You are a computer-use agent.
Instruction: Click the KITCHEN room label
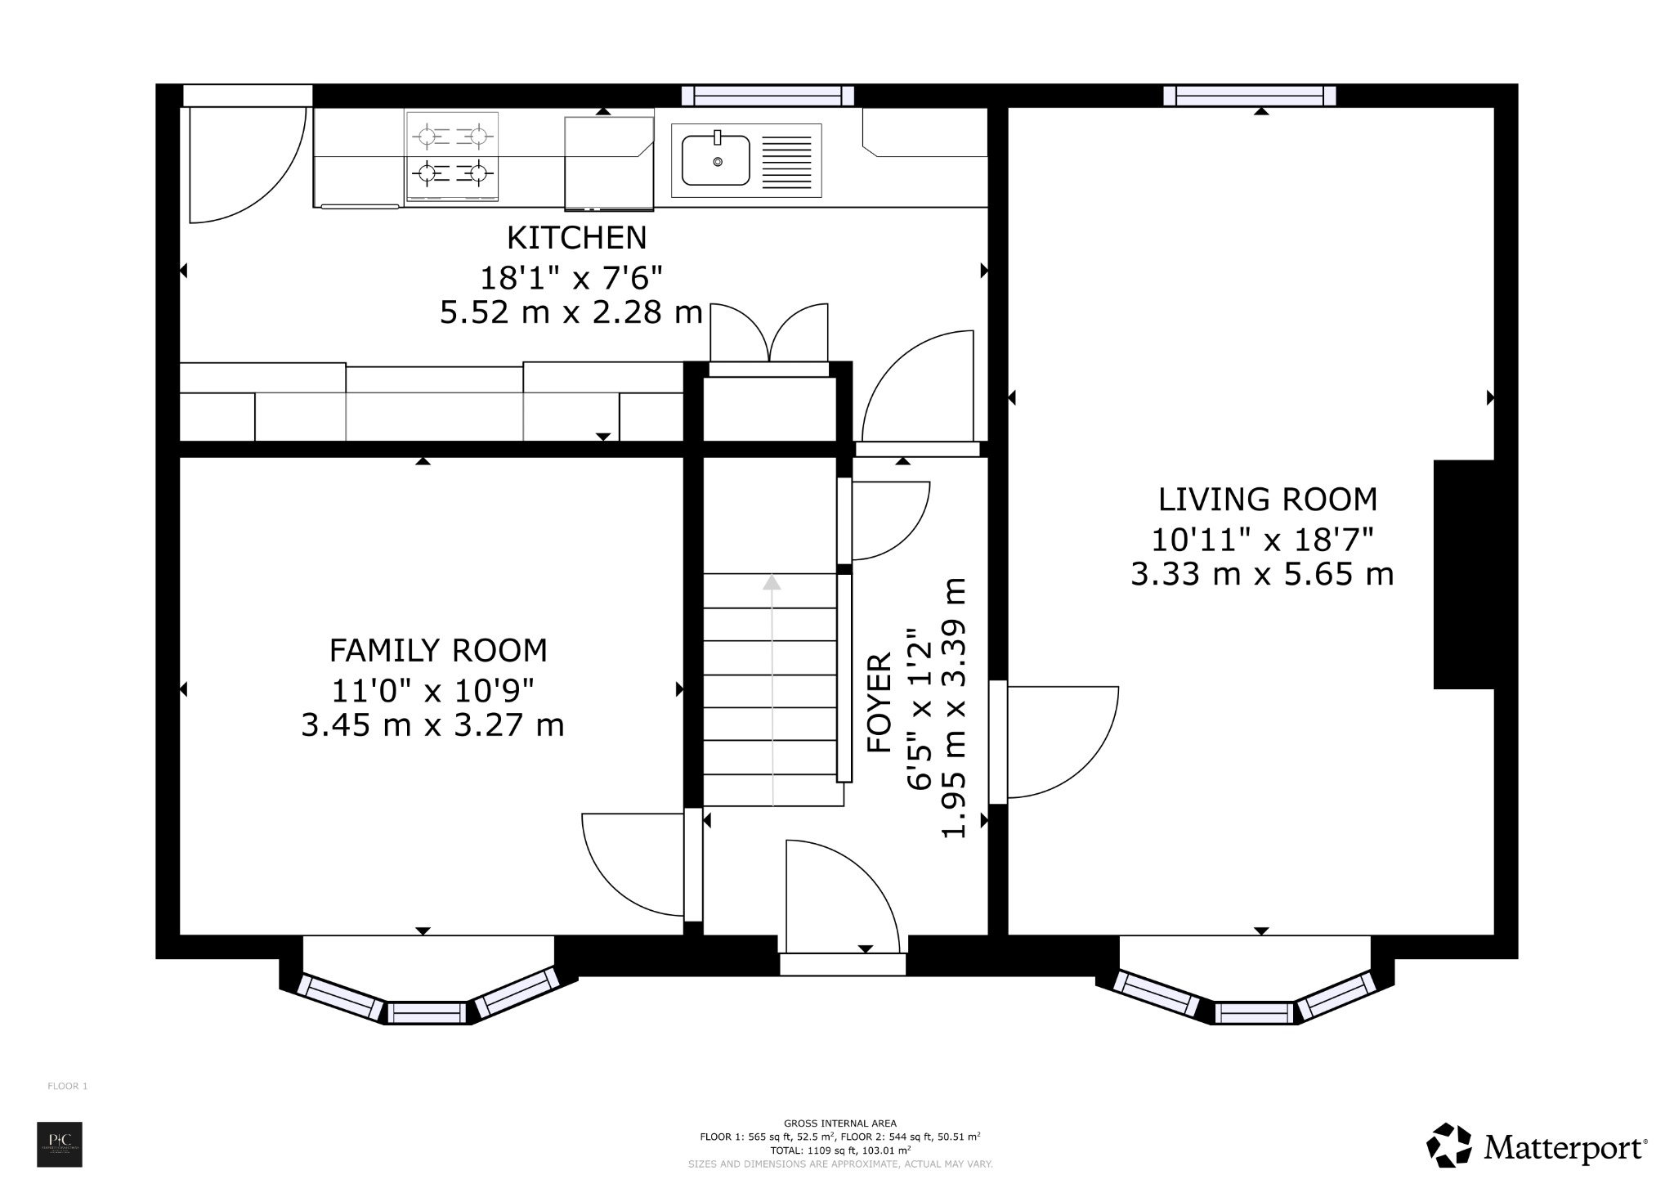(576, 238)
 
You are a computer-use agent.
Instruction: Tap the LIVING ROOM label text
(1267, 499)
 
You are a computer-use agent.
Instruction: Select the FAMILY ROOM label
(438, 651)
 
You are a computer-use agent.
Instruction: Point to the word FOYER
(880, 702)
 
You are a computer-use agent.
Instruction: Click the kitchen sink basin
(717, 161)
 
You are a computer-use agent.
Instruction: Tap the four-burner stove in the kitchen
(452, 155)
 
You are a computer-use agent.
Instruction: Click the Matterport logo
(1537, 1147)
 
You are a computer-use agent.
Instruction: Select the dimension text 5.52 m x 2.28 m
(571, 312)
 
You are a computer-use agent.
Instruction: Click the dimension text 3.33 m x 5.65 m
(1261, 575)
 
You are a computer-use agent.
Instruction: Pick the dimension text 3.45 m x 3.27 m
(432, 725)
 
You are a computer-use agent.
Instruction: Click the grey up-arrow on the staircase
(772, 582)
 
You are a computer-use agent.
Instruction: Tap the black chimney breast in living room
(1464, 574)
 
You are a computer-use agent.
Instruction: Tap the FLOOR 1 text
(67, 1086)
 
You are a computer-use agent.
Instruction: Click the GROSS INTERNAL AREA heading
(839, 1123)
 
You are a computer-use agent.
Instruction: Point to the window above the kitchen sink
(768, 96)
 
